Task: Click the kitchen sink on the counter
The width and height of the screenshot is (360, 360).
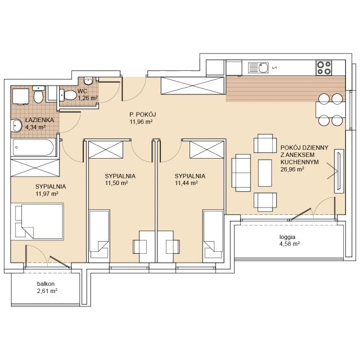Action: (x=258, y=67)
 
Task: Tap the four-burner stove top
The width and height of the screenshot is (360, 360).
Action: (x=324, y=67)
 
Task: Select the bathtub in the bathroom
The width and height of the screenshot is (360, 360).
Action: (x=34, y=147)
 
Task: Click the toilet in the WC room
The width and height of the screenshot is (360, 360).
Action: (x=68, y=95)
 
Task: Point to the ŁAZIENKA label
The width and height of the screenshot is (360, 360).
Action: (x=39, y=120)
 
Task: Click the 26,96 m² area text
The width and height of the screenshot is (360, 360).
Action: (x=292, y=169)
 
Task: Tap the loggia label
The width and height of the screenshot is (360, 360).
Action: (x=287, y=237)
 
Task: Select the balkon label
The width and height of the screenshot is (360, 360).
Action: (x=46, y=283)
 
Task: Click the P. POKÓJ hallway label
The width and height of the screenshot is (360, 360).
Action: (x=142, y=114)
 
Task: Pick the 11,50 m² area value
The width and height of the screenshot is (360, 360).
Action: (x=116, y=183)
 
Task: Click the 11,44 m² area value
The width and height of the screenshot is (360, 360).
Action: (x=186, y=183)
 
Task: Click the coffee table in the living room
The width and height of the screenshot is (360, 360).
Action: (x=265, y=173)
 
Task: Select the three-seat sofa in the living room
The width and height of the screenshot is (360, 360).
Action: (x=241, y=173)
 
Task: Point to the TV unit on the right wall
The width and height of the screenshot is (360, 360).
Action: (x=339, y=171)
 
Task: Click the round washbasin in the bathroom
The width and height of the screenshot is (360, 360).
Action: (x=16, y=125)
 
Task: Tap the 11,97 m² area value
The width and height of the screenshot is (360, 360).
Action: (x=47, y=193)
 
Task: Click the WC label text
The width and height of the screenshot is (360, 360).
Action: (x=82, y=91)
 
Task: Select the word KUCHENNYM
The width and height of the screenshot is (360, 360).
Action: (x=299, y=162)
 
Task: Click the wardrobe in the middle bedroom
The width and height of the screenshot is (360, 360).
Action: (x=106, y=150)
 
